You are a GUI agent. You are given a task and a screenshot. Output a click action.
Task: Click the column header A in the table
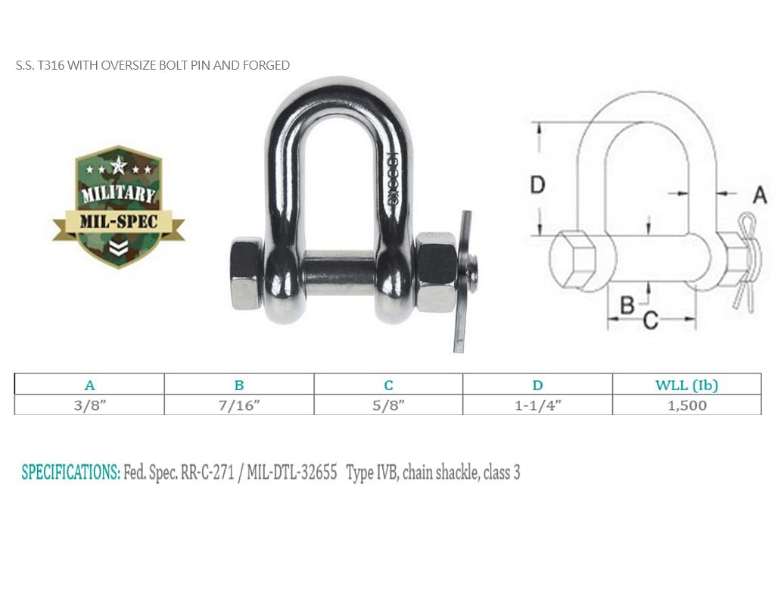point(89,385)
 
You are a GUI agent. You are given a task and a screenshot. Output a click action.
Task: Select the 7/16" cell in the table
point(239,405)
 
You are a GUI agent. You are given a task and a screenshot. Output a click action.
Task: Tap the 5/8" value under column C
point(388,405)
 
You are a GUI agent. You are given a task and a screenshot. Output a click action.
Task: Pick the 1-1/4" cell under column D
point(537,405)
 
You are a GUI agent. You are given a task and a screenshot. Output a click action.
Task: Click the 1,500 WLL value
point(686,405)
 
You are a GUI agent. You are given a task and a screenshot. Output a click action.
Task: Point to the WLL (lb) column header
point(686,385)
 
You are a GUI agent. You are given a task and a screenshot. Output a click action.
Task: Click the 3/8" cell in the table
point(89,405)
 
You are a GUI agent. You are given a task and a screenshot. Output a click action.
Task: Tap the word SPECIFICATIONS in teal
point(70,473)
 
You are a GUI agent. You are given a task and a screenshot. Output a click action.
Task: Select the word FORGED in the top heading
point(266,66)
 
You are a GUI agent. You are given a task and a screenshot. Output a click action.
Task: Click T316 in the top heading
point(51,66)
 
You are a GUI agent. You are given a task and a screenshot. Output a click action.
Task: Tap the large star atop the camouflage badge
point(118,164)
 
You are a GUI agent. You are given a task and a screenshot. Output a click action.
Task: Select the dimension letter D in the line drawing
point(537,185)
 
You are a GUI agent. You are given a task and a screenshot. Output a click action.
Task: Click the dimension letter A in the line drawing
point(760,195)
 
